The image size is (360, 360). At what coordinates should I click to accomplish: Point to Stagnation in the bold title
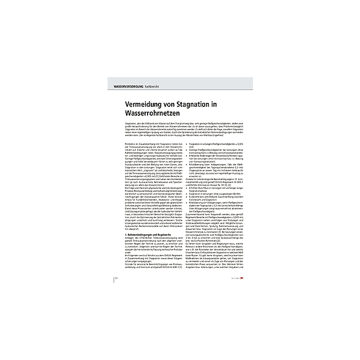click(213, 104)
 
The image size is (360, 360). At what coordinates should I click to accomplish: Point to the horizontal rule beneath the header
click(180, 89)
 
